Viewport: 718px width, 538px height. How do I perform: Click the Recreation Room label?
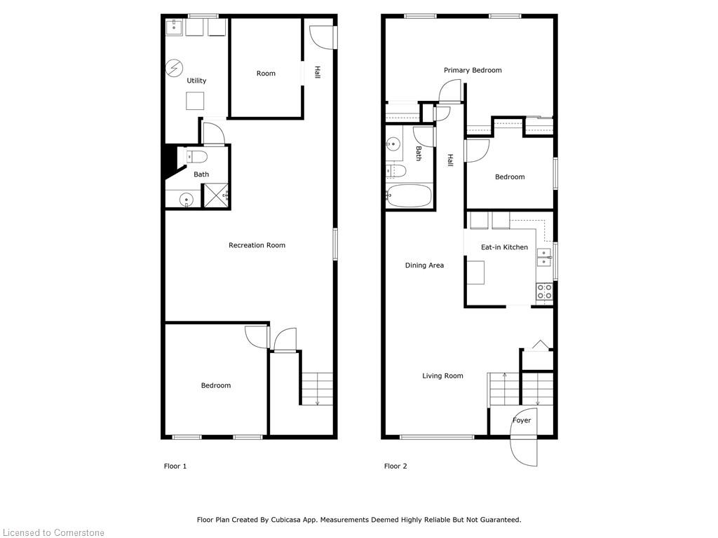coord(257,245)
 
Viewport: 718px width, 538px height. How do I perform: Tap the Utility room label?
coord(196,81)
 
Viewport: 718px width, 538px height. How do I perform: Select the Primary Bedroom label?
coord(473,70)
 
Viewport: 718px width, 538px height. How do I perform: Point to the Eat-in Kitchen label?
coord(504,247)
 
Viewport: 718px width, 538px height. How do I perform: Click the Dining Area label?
coord(424,265)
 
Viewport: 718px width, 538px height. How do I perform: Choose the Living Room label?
coord(442,376)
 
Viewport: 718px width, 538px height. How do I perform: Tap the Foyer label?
coord(522,420)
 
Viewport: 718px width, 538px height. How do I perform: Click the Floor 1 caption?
coord(175,466)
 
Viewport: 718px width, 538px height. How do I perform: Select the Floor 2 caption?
coord(395,466)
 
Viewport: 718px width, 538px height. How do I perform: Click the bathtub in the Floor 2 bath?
coord(409,195)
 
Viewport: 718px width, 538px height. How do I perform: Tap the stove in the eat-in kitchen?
coord(544,291)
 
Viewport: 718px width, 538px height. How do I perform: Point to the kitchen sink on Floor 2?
coord(544,258)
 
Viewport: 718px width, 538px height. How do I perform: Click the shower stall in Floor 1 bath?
coord(216,195)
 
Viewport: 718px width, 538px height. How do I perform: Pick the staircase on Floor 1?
coord(317,387)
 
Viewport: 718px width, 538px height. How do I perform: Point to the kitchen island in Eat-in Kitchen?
coord(475,272)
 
